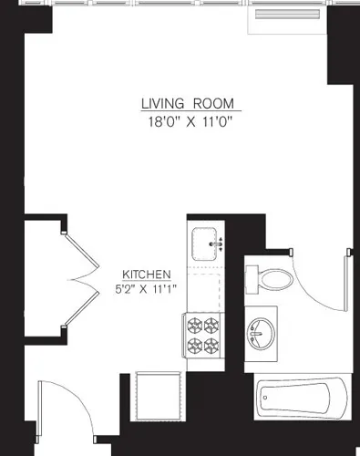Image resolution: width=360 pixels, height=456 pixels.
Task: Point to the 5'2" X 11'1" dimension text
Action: point(146,289)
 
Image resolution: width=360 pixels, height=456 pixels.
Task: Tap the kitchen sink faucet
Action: point(218,244)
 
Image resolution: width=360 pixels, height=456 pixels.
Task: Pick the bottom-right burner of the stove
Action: point(213,345)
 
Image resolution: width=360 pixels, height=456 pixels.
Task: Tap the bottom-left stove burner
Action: point(195,345)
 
